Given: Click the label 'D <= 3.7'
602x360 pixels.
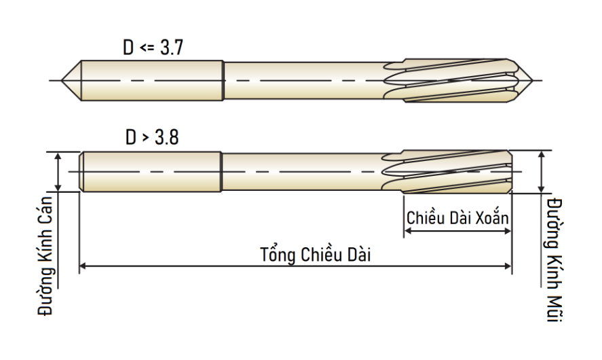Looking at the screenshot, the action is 153,48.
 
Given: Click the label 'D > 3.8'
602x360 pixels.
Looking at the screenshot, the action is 152,137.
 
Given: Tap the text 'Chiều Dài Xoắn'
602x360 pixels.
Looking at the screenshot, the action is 457,218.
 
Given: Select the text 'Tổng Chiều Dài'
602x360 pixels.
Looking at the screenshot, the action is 315,254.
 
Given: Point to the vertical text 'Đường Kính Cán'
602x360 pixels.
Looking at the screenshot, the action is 45,256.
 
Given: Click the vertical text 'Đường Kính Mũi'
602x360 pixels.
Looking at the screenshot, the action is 554,259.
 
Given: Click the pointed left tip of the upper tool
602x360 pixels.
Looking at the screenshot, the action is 62,81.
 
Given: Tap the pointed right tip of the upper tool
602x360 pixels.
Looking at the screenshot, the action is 533,81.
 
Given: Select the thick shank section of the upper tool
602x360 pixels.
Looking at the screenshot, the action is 152,81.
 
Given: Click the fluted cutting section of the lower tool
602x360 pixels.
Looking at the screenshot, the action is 447,172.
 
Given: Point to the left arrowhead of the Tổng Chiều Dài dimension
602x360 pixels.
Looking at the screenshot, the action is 83,266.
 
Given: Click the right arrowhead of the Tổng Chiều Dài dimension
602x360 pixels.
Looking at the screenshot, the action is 508,266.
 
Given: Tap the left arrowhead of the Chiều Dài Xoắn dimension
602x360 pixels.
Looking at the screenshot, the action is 408,231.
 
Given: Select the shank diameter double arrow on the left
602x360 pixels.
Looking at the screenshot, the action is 58,172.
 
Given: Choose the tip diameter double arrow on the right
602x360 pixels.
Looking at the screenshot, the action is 542,172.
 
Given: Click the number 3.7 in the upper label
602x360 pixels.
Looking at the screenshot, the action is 172,48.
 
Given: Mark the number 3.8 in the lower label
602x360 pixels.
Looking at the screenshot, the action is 167,137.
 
